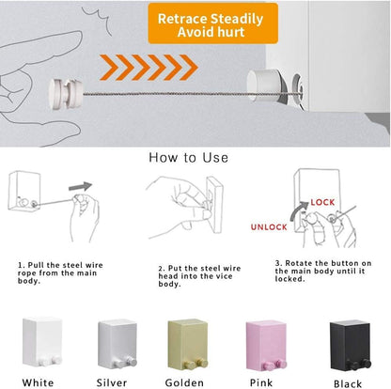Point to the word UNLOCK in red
tap(269, 226)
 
